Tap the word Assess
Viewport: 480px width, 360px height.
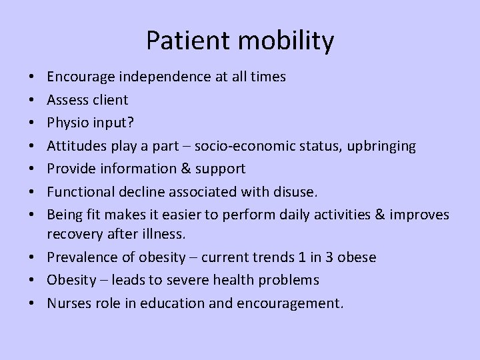pyautogui.click(x=67, y=100)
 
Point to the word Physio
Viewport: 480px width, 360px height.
pyautogui.click(x=67, y=123)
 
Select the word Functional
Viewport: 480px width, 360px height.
pyautogui.click(x=77, y=192)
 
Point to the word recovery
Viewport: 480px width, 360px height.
pyautogui.click(x=72, y=235)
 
